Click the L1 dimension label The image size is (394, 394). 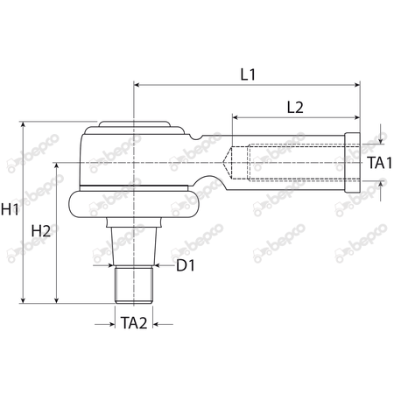[247, 74]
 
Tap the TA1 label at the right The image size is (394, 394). [377, 162]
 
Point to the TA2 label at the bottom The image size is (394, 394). [134, 323]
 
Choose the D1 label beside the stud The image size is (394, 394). [184, 264]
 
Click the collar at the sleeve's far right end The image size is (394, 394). [353, 162]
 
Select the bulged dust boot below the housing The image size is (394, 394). [136, 203]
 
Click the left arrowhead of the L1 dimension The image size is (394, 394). [137, 85]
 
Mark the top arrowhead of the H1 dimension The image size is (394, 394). [22, 125]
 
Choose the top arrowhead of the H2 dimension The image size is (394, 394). [58, 164]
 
